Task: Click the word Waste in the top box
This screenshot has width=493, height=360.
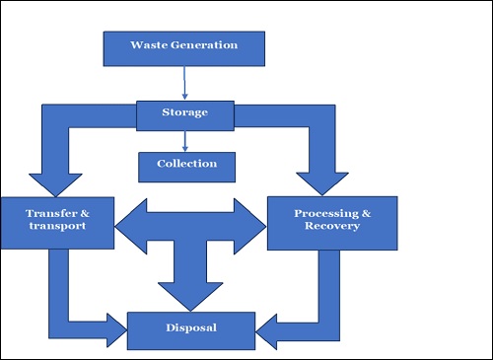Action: point(151,45)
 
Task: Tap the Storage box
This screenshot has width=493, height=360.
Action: point(185,112)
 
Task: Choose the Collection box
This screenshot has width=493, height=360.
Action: point(187,165)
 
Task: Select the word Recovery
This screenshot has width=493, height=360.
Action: point(332,227)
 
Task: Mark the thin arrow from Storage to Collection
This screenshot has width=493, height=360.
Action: point(185,139)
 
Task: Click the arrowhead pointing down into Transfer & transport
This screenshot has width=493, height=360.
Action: point(54,183)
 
